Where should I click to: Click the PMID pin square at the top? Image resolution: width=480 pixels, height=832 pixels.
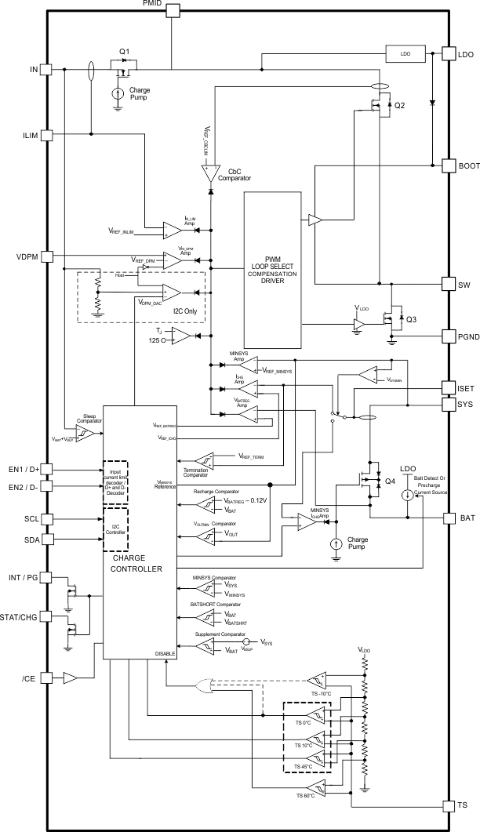click(x=172, y=9)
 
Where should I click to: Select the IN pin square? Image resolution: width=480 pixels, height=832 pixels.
click(x=46, y=70)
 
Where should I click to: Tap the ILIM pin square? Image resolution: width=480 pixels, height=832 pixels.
click(x=46, y=135)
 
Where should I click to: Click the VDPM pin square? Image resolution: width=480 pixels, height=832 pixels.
click(x=46, y=256)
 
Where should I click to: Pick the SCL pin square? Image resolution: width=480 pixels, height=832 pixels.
click(x=46, y=519)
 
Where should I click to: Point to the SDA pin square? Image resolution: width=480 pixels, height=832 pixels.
click(x=46, y=540)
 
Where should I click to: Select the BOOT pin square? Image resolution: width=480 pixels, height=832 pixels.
click(x=451, y=165)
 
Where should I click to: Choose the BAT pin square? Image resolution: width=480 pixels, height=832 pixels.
click(x=451, y=518)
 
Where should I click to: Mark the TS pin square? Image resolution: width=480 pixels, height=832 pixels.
click(x=451, y=805)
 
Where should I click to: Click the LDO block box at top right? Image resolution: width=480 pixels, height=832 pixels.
click(x=405, y=54)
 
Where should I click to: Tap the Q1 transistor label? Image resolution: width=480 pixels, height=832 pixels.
click(x=124, y=52)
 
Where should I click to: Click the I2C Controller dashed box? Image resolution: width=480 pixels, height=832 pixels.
click(x=115, y=530)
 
